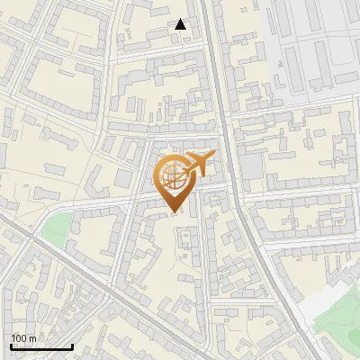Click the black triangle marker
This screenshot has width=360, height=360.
181,24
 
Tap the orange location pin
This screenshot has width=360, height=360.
174,179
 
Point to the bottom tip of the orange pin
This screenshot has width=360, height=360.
174,211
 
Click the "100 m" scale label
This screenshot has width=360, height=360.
23,338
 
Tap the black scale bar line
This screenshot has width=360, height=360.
41,346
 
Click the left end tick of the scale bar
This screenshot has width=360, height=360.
11,346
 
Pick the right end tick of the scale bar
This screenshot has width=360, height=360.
72,346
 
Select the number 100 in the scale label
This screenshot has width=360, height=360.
19,338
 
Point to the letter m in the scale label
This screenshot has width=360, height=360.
32,339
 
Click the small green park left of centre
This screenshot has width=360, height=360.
55,229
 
